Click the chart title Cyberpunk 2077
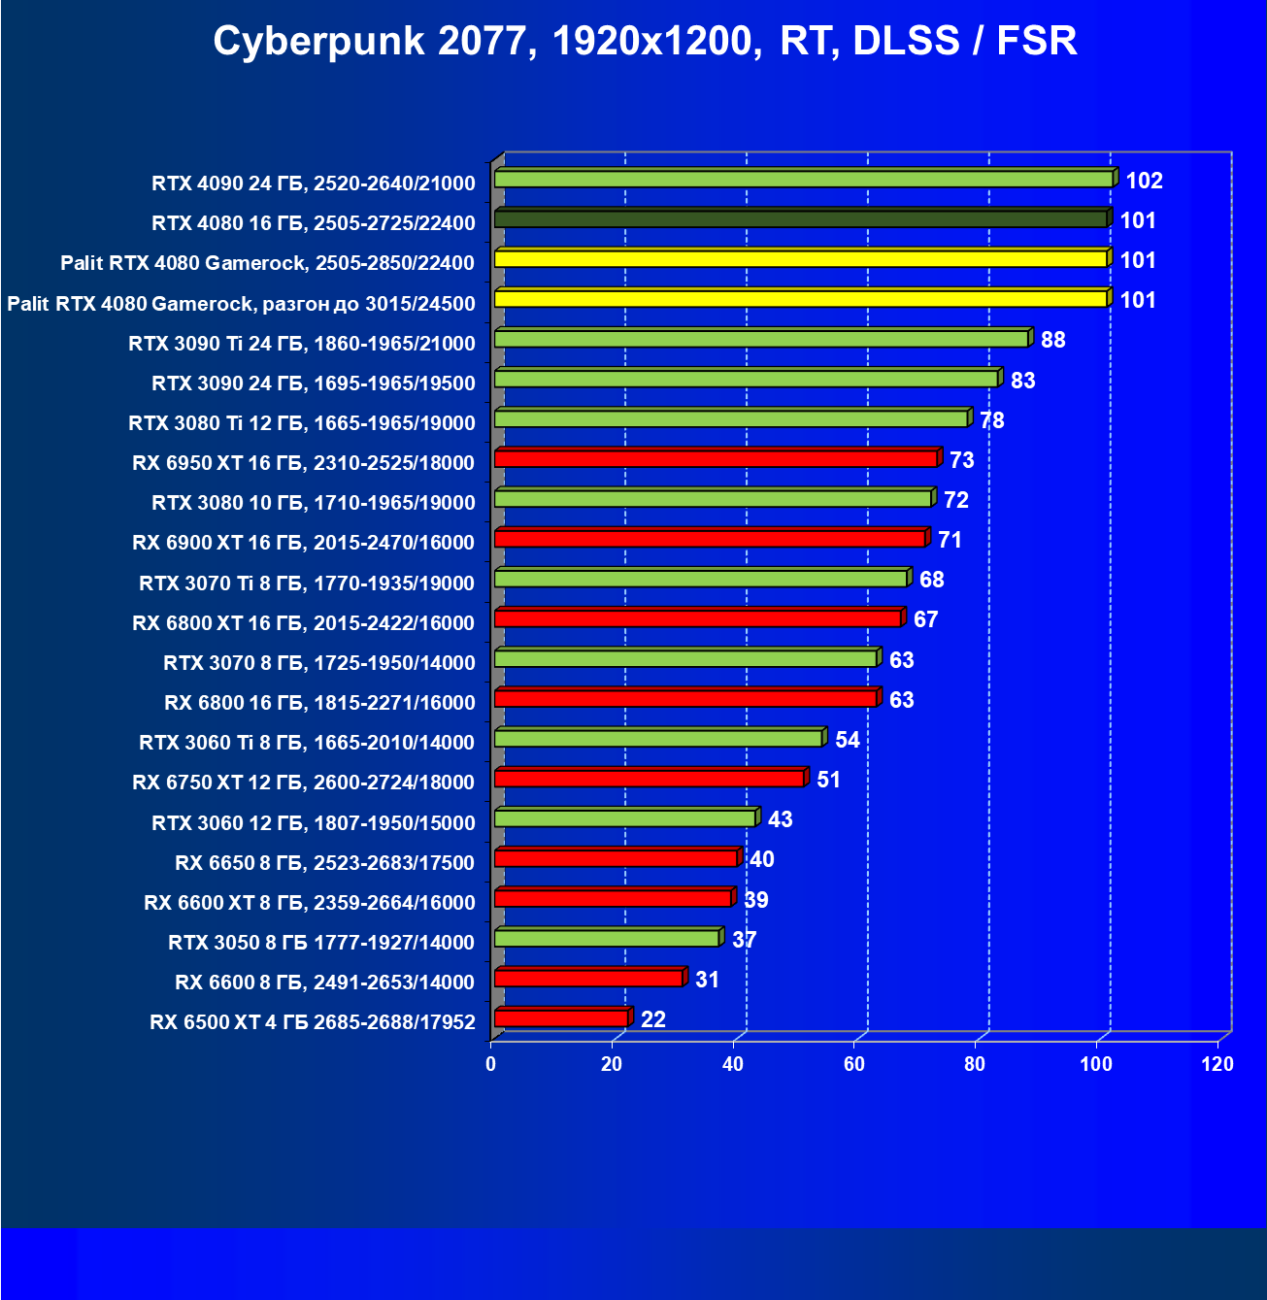[645, 42]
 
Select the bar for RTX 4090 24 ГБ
[803, 180]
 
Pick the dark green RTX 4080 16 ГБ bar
[800, 219]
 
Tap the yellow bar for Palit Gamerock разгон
[800, 299]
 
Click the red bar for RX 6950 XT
[716, 458]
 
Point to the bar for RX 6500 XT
[561, 1018]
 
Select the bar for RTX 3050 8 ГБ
[607, 938]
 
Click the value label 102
[1144, 181]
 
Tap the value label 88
[1052, 340]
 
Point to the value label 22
[653, 1019]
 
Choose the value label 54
[848, 740]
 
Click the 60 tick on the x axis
[854, 1064]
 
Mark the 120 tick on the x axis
[1217, 1064]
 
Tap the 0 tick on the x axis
[491, 1064]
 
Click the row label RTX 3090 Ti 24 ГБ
[302, 343]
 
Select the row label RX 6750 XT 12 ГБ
[304, 783]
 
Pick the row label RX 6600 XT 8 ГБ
[310, 903]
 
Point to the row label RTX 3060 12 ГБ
[314, 823]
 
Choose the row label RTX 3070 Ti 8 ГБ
[307, 583]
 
